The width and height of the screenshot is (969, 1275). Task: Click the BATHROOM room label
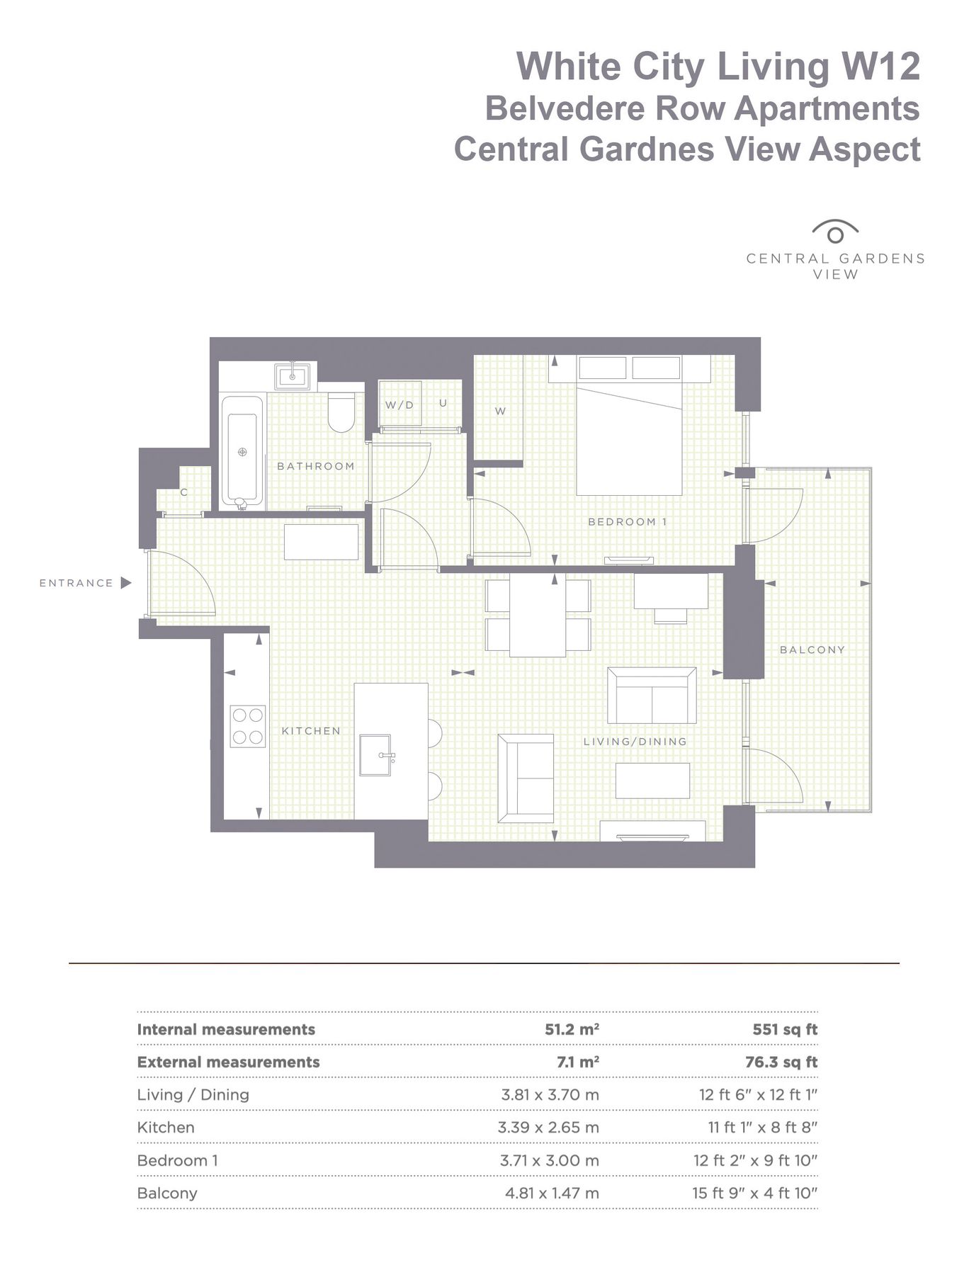[315, 466]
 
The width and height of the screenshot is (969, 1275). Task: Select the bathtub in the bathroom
[242, 451]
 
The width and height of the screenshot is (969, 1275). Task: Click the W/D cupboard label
[399, 405]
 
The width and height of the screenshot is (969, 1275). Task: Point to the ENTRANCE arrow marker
[126, 583]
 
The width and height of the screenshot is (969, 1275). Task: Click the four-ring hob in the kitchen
[248, 726]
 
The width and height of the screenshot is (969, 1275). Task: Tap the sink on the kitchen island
[375, 755]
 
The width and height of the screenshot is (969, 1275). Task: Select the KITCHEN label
[311, 731]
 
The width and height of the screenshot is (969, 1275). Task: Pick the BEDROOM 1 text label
[628, 522]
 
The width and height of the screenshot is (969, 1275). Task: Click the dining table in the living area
[538, 616]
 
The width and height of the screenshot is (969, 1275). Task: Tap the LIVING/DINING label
[635, 742]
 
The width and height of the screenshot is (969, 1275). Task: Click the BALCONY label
[812, 650]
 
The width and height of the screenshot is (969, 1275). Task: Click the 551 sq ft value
[785, 1029]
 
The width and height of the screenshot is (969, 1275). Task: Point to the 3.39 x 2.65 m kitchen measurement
[548, 1127]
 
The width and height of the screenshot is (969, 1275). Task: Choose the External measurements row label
[228, 1062]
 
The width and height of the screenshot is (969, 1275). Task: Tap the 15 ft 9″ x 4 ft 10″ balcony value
[755, 1193]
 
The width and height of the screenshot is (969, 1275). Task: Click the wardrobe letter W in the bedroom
[500, 412]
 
